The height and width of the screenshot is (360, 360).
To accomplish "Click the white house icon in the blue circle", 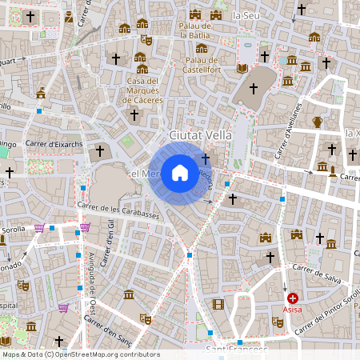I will (x=180, y=172).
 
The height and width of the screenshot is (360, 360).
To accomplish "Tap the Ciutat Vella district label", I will (x=200, y=135).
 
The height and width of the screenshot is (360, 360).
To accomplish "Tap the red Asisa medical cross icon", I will (x=293, y=298).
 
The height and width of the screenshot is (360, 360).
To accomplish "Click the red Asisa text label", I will (x=293, y=308).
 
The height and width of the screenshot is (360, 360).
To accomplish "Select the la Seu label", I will (x=246, y=15).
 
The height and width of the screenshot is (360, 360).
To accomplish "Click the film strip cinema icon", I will (x=218, y=304).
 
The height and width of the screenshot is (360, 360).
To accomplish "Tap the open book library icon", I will (x=242, y=68).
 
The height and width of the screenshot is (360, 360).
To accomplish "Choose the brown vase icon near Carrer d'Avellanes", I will (x=318, y=122).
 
